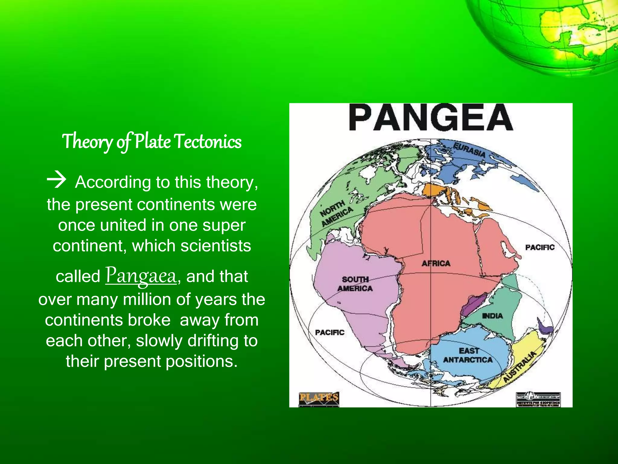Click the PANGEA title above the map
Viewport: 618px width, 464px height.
coord(431,118)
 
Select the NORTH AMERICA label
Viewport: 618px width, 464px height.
coord(336,213)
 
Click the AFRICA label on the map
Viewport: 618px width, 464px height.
coord(436,263)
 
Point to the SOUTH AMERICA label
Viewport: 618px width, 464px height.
coord(355,284)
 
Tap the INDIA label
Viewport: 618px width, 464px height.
coord(492,316)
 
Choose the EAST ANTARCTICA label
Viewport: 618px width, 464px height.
coord(468,355)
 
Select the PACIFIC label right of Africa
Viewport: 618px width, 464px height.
coord(540,247)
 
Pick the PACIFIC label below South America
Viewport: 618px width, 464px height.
coord(330,332)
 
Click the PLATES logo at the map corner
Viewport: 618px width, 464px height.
coord(319,398)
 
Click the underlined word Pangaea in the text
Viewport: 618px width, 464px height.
coord(141,275)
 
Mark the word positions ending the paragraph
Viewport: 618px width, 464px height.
coord(201,361)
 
